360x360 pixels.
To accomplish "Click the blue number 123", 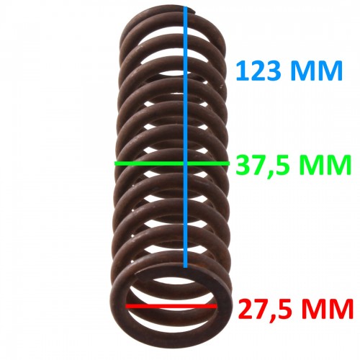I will (x=258, y=71).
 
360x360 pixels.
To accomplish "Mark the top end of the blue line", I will (x=185, y=9).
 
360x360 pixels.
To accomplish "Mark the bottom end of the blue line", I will (x=185, y=267).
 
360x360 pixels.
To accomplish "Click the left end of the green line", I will (x=116, y=163).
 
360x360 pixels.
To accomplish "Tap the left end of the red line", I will (x=126, y=306).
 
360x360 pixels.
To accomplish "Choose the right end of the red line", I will (x=216, y=306).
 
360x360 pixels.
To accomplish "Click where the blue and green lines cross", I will (x=185, y=163).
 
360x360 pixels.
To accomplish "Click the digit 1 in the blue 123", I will (x=243, y=71).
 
